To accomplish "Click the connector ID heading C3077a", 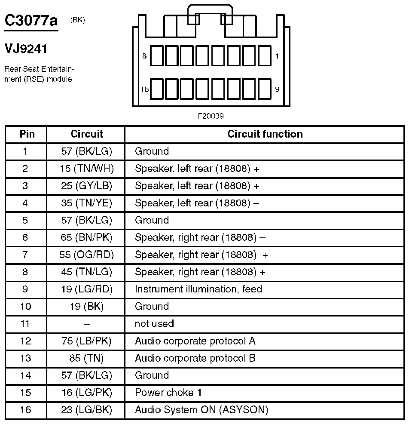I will click(31, 21).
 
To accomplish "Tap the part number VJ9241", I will click(26, 49).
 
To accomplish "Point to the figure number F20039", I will click(211, 116).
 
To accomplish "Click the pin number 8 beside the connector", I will click(144, 56).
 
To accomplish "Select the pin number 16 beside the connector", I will click(144, 89).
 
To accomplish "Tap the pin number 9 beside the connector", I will click(277, 89).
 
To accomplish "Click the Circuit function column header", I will click(265, 134).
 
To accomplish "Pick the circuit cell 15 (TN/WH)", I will click(87, 169).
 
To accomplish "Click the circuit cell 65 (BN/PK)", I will click(87, 238).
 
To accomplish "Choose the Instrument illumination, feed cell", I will click(198, 289).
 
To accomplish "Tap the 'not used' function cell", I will click(154, 324).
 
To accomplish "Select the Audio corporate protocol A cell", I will click(195, 341).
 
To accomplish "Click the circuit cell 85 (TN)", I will click(87, 358).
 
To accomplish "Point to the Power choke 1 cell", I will click(168, 393).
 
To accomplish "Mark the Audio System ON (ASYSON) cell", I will click(201, 410).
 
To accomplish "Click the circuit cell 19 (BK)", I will click(87, 307).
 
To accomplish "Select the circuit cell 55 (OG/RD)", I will click(87, 255).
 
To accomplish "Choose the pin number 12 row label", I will click(26, 341).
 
